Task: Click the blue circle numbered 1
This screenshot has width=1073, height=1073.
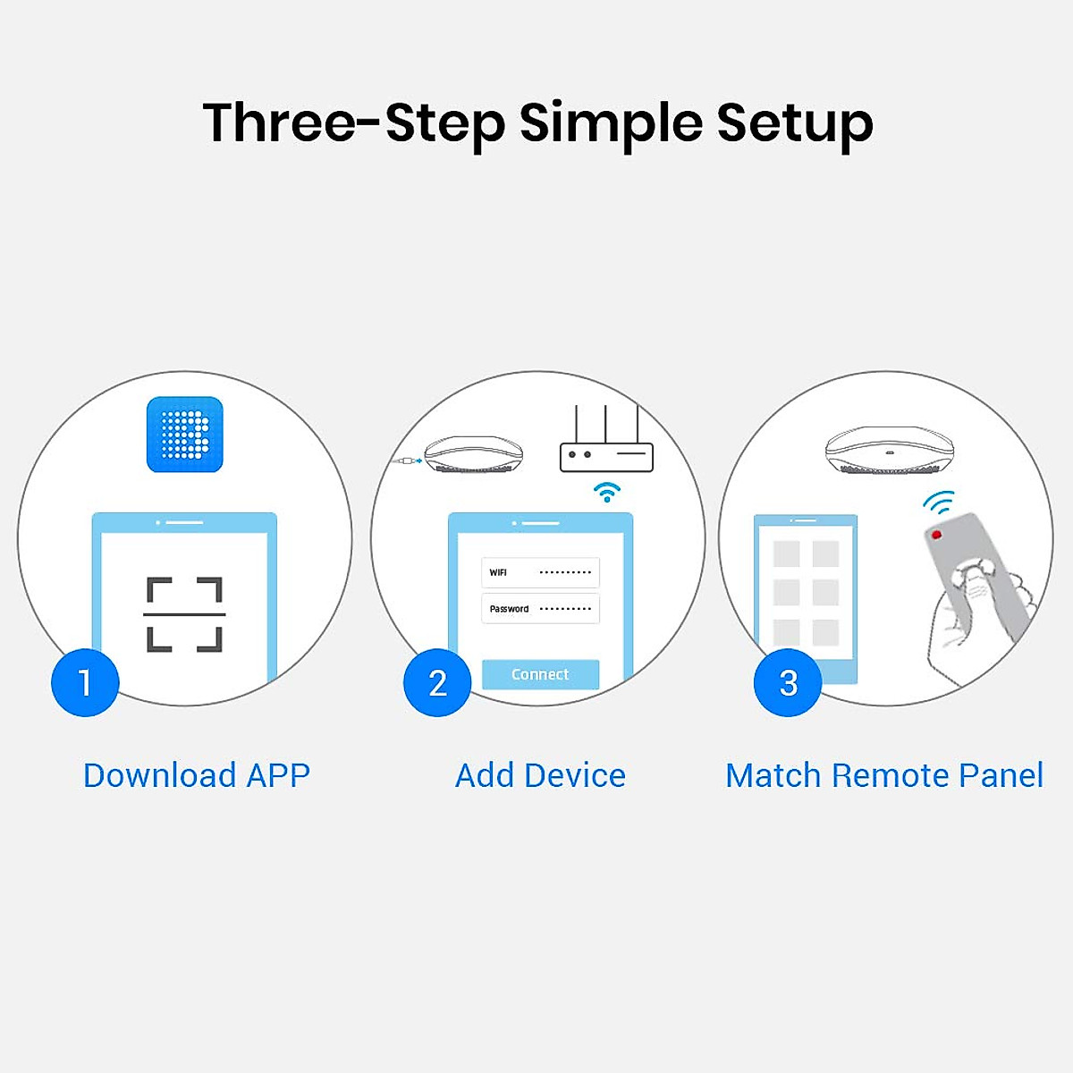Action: click(85, 683)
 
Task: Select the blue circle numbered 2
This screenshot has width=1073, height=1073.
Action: click(437, 683)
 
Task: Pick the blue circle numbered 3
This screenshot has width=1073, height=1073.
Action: click(788, 683)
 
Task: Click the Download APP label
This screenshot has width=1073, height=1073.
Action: click(197, 775)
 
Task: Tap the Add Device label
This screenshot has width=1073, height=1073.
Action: click(540, 775)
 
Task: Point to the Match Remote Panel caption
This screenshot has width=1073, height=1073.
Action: click(883, 775)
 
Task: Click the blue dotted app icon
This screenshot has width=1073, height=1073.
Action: click(184, 435)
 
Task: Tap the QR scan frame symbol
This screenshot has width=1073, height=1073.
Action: click(184, 614)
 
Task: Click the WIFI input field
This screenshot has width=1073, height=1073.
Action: click(540, 572)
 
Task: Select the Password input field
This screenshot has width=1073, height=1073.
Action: click(540, 609)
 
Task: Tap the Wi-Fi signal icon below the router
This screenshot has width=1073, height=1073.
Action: click(607, 492)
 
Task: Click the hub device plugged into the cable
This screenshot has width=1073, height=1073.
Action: click(473, 454)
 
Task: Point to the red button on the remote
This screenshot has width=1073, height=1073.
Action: click(936, 535)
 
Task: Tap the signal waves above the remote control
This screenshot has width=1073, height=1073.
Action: click(939, 503)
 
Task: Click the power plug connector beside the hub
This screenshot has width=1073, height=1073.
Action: click(407, 461)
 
